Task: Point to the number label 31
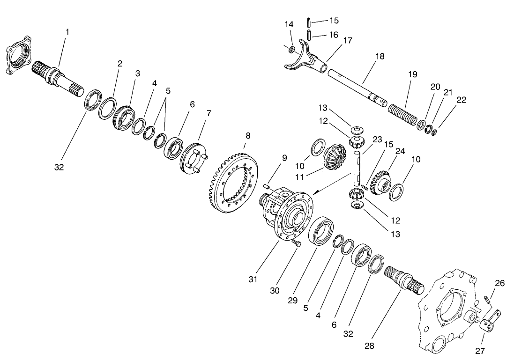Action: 253,279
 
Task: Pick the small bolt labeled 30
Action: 295,243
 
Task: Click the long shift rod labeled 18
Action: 356,86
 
